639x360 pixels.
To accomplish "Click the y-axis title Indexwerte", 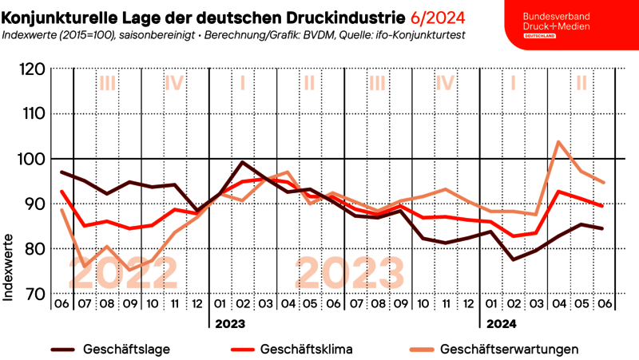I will pos(9,267).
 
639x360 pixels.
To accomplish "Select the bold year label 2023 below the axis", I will pos(228,324).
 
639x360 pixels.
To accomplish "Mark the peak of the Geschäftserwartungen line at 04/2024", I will pos(558,142).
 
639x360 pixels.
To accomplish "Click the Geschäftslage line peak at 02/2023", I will pos(242,163).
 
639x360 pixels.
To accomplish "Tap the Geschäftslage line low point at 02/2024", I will pos(513,259).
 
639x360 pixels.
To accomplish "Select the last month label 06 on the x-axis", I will pos(605,304).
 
